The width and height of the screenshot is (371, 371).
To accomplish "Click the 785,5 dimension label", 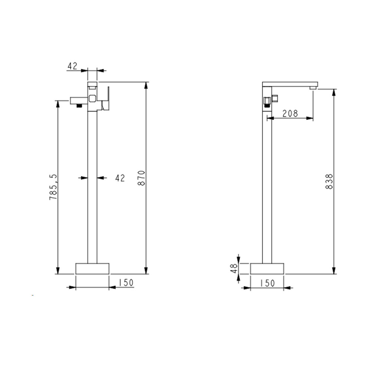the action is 53,187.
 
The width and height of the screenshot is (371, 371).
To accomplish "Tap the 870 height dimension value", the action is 141,178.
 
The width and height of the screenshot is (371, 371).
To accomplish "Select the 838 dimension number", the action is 329,181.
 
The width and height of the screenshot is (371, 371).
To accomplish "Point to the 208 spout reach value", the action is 290,114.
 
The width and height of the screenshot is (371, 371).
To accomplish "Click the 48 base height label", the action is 234,269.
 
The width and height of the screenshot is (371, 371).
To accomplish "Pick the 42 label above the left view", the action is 72,66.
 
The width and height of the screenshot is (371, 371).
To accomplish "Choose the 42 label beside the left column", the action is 120,178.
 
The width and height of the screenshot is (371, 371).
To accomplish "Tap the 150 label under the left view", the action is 126,282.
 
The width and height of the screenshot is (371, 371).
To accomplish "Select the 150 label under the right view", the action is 267,283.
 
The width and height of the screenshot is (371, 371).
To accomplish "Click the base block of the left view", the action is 92,269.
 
